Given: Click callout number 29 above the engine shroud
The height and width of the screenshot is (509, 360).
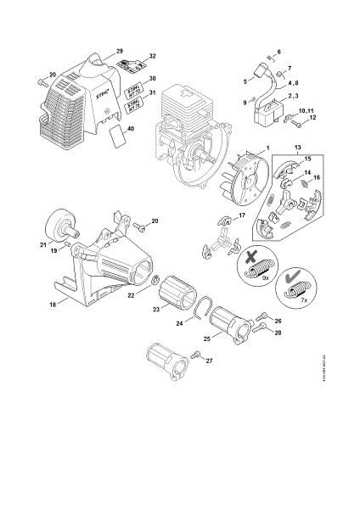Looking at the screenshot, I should click(119, 53).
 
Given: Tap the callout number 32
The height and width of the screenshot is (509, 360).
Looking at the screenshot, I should click(153, 57).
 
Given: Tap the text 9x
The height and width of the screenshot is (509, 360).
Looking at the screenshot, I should click(266, 277).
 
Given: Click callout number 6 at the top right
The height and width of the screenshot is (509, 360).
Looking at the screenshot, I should click(278, 53).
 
